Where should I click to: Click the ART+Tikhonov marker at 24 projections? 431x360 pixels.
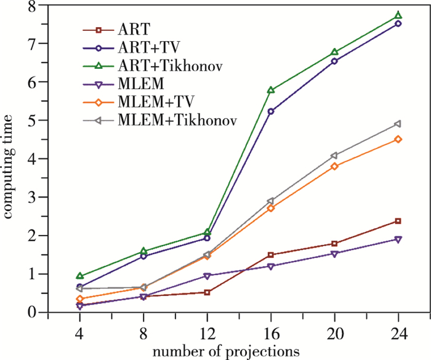click(398, 15)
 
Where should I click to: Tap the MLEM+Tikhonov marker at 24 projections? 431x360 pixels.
click(398, 124)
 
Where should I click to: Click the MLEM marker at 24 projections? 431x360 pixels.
click(398, 239)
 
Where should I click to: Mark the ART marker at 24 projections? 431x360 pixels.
click(398, 221)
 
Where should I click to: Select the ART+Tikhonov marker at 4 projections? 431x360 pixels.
click(79, 276)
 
